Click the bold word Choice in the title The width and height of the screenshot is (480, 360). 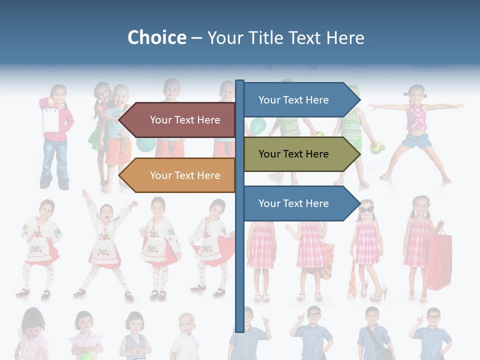tap(156, 37)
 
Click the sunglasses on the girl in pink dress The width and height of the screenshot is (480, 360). tap(366, 209)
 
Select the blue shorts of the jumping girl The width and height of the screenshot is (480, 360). tap(416, 141)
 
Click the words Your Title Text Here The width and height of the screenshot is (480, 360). tap(285, 37)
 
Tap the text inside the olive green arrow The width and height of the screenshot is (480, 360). tap(293, 154)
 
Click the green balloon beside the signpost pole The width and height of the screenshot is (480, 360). tap(257, 126)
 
